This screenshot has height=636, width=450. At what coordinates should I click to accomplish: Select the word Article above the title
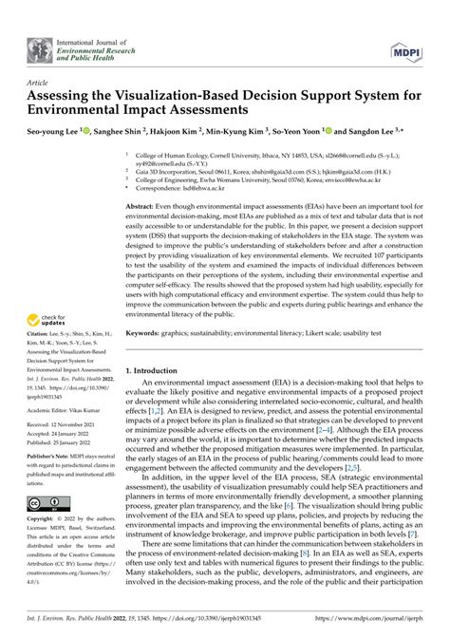[39, 83]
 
